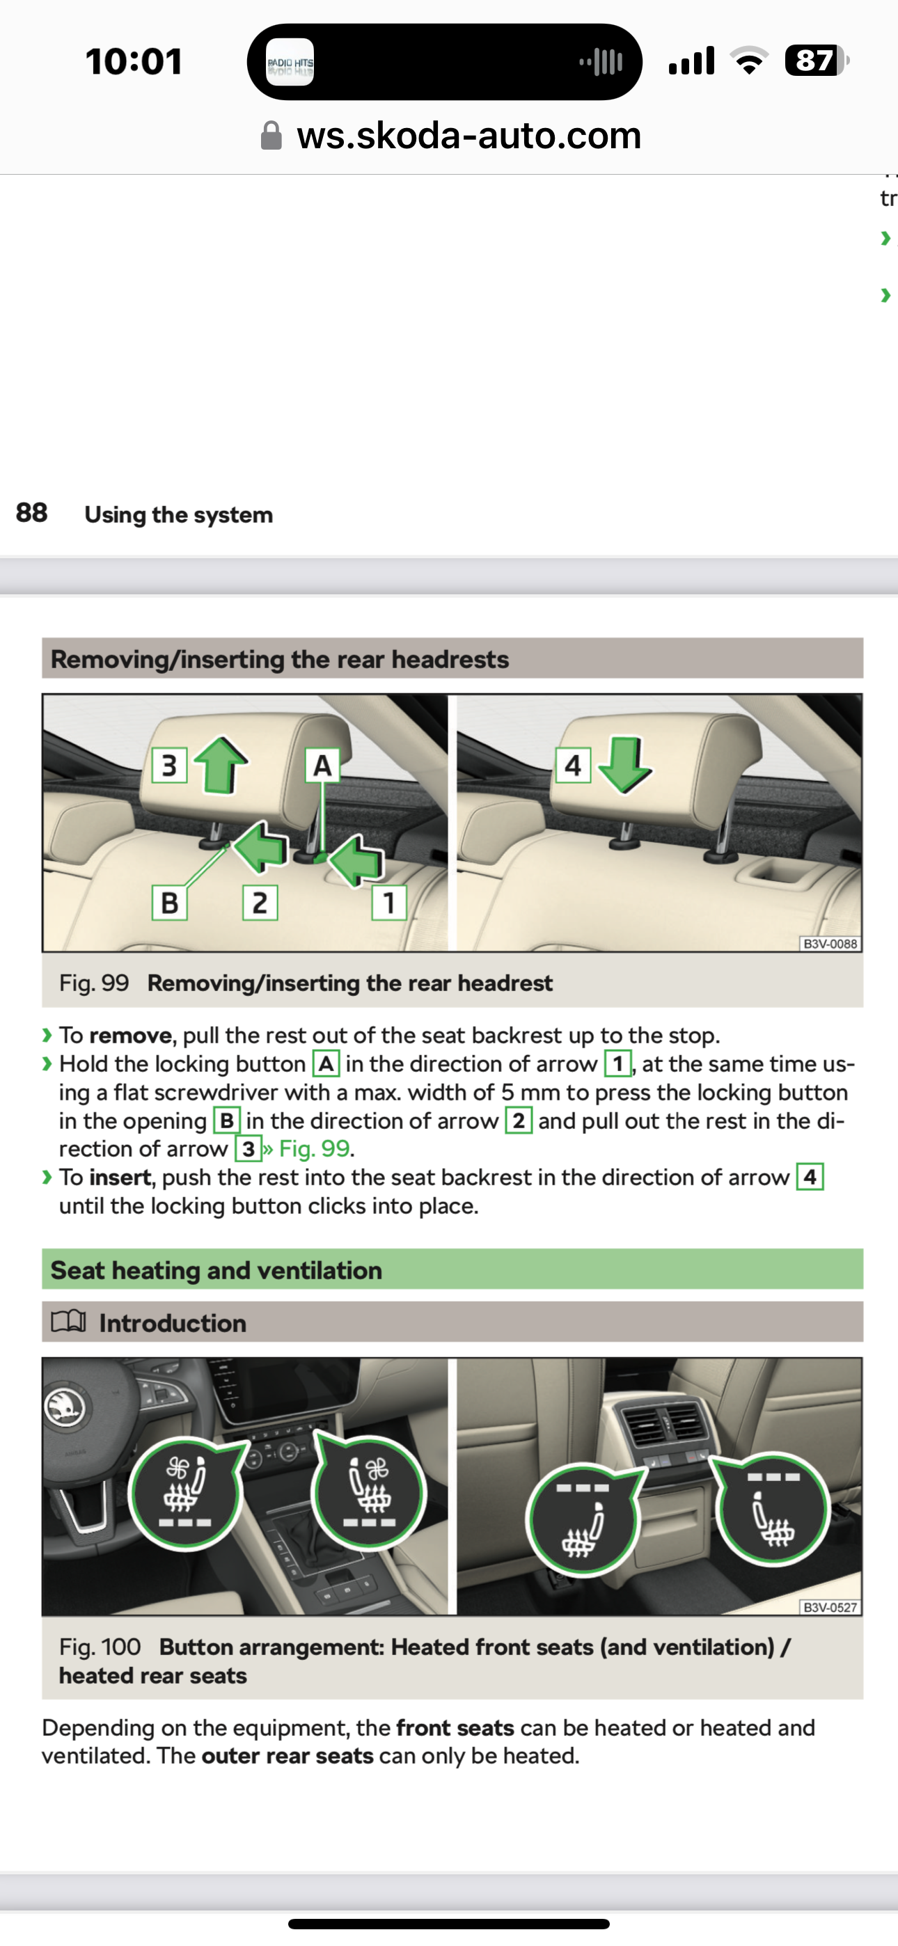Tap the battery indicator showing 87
click(x=816, y=61)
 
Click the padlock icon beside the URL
click(x=271, y=136)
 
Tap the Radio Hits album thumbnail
click(x=290, y=62)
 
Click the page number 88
click(x=32, y=513)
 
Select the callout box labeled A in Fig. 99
click(x=322, y=766)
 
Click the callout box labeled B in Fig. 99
click(x=169, y=903)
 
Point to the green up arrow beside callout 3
click(x=221, y=764)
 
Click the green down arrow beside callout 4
click(x=624, y=764)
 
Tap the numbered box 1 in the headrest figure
click(x=388, y=903)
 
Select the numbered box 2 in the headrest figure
click(x=259, y=903)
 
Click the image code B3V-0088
click(x=830, y=944)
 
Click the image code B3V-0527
click(x=830, y=1608)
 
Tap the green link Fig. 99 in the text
click(x=314, y=1149)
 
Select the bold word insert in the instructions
click(x=120, y=1178)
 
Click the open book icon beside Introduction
click(x=68, y=1321)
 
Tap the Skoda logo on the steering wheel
click(x=64, y=1407)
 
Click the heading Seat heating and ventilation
click(x=216, y=1271)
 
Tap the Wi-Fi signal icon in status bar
click(x=748, y=61)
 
